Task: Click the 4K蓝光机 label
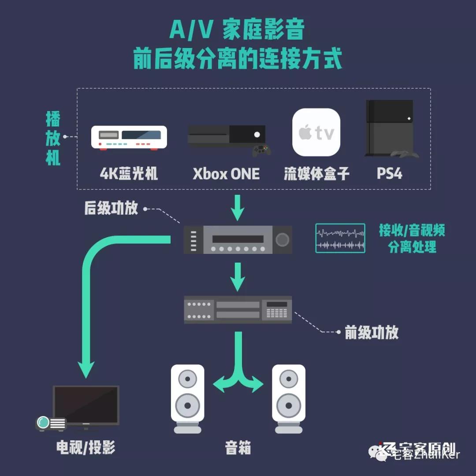[x=129, y=174]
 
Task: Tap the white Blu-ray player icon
[x=129, y=138]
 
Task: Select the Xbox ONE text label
[x=226, y=174]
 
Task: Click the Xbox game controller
[x=261, y=150]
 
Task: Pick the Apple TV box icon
[x=316, y=132]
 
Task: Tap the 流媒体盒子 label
[x=316, y=174]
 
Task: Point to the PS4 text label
[x=390, y=174]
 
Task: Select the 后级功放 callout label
[x=111, y=208]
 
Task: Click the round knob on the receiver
[x=282, y=240]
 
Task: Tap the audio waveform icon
[x=340, y=238]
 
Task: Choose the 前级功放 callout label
[x=372, y=333]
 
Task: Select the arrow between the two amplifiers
[x=238, y=277]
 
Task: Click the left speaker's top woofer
[x=188, y=379]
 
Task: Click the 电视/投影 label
[x=86, y=448]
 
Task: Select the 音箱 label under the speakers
[x=238, y=448]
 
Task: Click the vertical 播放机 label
[x=53, y=138]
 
